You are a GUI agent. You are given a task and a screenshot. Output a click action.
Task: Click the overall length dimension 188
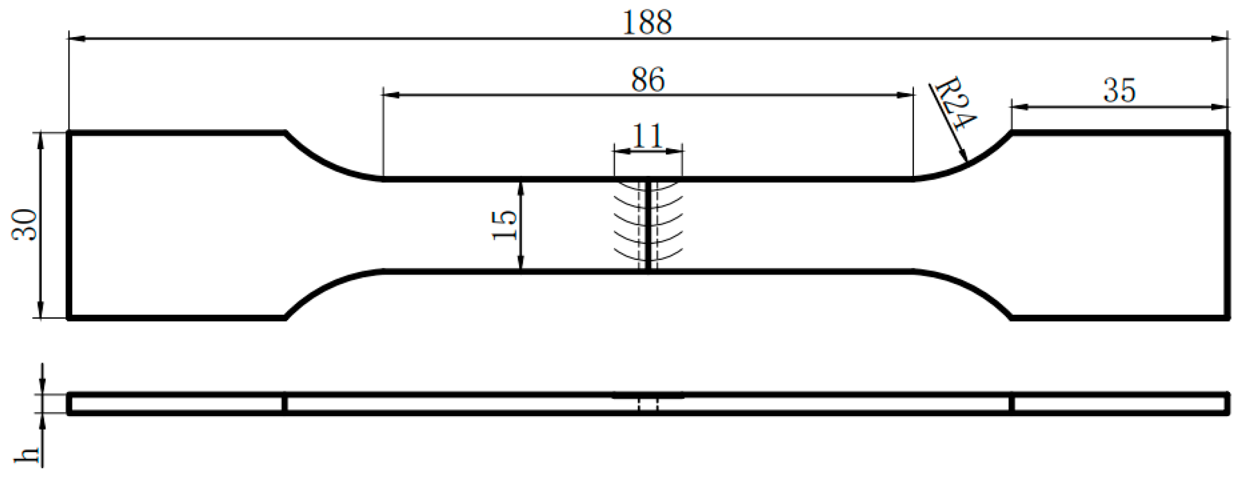647,23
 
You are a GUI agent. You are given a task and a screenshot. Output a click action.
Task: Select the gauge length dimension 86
648,80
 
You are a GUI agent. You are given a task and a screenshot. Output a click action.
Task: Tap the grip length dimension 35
1119,91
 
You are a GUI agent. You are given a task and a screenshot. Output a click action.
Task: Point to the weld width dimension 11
647,136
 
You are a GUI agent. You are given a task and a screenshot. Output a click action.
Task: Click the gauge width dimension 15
505,225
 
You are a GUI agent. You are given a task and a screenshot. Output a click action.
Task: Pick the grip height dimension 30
25,225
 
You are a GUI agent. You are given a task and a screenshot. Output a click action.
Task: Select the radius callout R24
954,103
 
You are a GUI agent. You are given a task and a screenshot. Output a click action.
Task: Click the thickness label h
27,455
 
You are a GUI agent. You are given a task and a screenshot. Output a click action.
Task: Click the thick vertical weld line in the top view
648,225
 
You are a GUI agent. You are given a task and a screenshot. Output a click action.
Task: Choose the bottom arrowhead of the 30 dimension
41,311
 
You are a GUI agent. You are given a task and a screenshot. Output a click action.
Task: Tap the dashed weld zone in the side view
648,404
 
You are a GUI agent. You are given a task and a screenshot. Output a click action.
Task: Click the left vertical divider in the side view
285,403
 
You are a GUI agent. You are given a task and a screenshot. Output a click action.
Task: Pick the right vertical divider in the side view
1011,403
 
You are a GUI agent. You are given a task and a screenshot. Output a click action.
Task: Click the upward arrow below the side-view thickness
42,422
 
